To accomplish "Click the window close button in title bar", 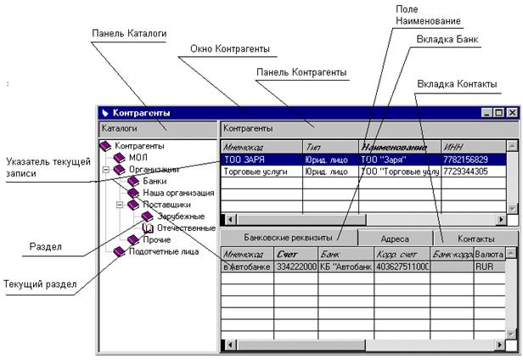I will [x=511, y=112].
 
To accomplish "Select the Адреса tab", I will [x=395, y=239].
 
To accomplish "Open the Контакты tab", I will [x=475, y=239].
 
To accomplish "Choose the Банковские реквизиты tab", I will [x=287, y=238].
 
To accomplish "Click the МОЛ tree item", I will [x=138, y=157].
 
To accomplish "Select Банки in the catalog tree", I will [x=155, y=181].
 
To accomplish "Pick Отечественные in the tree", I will [x=185, y=228].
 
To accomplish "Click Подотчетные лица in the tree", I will [x=164, y=251].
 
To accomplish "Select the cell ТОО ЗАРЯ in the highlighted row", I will [x=247, y=159].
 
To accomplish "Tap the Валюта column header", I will [x=490, y=254].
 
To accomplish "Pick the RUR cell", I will [x=486, y=266].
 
